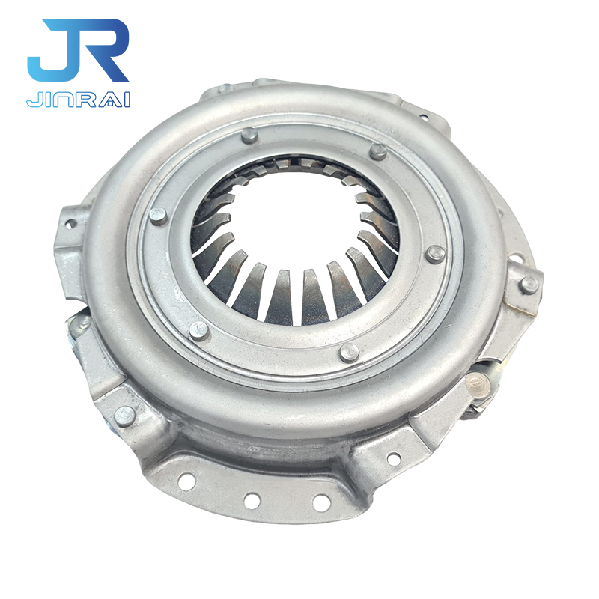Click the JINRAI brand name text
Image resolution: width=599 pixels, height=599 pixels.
[x=78, y=99]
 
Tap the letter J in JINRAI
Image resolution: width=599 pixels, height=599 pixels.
[x=31, y=99]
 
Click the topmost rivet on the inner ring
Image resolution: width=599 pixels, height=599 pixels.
[x=249, y=136]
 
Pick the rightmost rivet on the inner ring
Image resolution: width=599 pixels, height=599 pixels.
[x=435, y=254]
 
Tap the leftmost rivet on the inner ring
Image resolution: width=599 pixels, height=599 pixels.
[x=158, y=216]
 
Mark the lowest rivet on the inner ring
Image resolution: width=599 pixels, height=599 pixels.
[x=349, y=352]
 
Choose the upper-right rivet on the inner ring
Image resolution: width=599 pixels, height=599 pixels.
[x=379, y=152]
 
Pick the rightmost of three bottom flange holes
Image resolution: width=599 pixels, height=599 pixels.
[x=320, y=502]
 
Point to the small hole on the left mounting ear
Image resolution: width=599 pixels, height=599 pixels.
[x=70, y=223]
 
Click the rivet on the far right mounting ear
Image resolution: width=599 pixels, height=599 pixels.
[x=529, y=285]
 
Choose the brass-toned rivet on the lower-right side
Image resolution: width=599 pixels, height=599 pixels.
[x=473, y=383]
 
